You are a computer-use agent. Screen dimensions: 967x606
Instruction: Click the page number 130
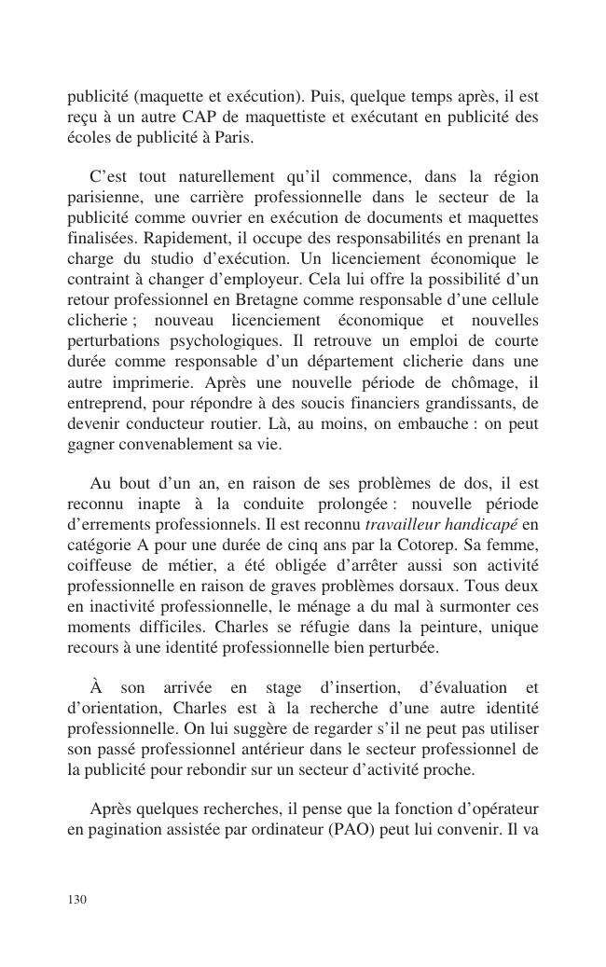77,899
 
